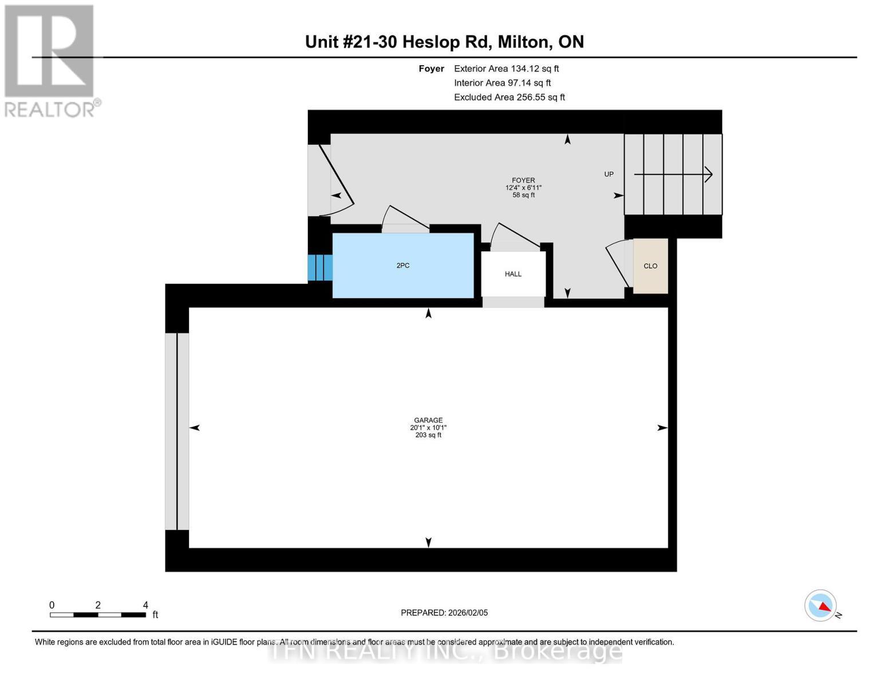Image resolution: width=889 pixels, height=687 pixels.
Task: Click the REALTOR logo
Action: (x=50, y=60)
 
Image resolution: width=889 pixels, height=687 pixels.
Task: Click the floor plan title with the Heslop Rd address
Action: (x=444, y=42)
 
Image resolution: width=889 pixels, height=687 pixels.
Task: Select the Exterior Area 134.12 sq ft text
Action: (x=506, y=69)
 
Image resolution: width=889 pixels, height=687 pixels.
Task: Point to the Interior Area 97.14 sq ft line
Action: (x=502, y=83)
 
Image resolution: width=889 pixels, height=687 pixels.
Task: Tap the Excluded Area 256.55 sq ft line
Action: (x=509, y=97)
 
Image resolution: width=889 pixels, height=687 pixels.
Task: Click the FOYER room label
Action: (x=523, y=180)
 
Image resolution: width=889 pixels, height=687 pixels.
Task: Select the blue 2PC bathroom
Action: (x=403, y=266)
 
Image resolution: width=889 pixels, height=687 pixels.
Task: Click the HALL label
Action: (x=513, y=274)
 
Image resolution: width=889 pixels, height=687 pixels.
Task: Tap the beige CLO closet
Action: (x=650, y=266)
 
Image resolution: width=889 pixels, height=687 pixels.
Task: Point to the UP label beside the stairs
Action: (x=609, y=174)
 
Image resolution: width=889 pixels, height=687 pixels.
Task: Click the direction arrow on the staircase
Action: (x=673, y=174)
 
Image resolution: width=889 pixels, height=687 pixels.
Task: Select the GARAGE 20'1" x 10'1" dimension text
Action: (x=428, y=428)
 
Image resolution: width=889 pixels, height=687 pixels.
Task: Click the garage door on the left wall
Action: (x=177, y=431)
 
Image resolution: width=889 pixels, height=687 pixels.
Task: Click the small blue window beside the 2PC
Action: (x=320, y=267)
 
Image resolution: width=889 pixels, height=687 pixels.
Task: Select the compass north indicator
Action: (x=821, y=606)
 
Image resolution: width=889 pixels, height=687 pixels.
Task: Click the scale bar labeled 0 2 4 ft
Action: (x=98, y=614)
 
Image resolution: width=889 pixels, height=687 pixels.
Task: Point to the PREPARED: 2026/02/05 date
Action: (x=444, y=613)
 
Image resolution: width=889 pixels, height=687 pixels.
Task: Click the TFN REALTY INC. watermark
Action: (x=444, y=652)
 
